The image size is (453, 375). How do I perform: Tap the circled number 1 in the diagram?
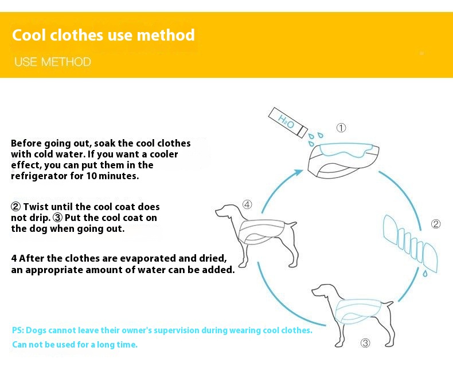pyautogui.click(x=341, y=128)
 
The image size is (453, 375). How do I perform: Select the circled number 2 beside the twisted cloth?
pyautogui.click(x=436, y=224)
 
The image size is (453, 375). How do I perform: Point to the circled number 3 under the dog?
pyautogui.click(x=365, y=344)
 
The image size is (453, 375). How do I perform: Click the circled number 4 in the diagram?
pyautogui.click(x=247, y=204)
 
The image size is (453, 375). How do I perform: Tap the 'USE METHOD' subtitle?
pyautogui.click(x=53, y=62)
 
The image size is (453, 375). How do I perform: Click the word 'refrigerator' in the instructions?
pyautogui.click(x=38, y=176)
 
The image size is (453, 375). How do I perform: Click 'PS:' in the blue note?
pyautogui.click(x=19, y=330)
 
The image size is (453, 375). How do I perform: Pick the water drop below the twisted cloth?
pyautogui.click(x=425, y=274)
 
